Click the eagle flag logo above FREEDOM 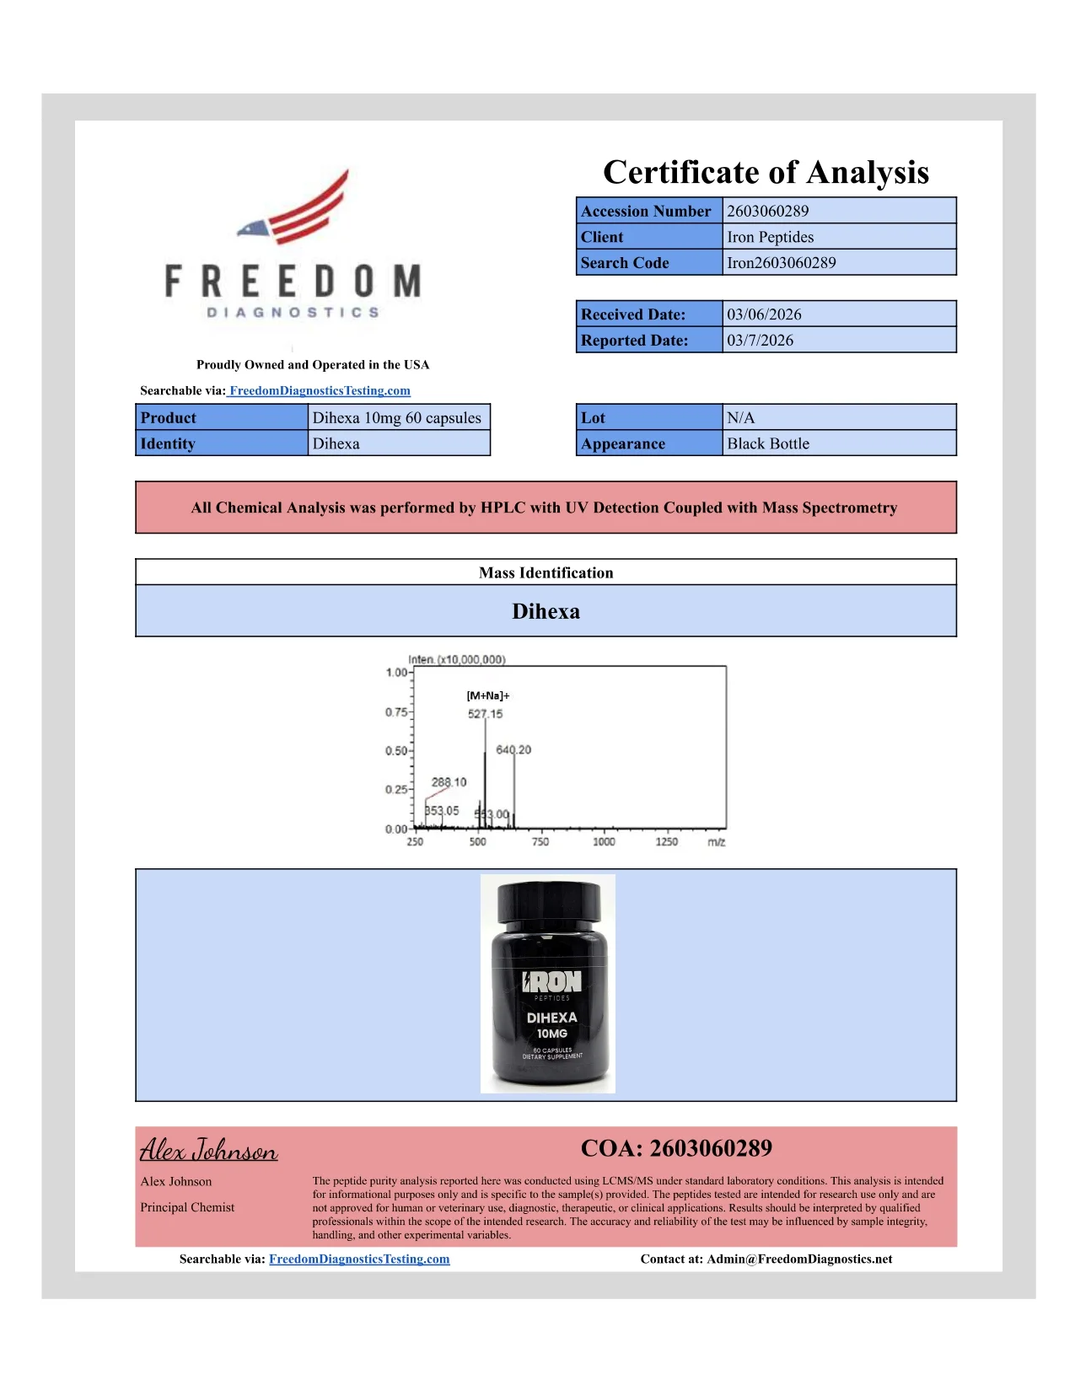click(295, 209)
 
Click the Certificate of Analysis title click(766, 173)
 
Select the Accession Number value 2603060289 click(767, 211)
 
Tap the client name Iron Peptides click(770, 237)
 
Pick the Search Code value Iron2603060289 click(782, 263)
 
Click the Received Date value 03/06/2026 click(764, 314)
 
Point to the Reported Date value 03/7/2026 click(760, 341)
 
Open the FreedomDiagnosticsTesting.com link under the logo click(320, 390)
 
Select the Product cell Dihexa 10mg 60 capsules click(396, 418)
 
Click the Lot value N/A click(740, 418)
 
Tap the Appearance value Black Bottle click(767, 444)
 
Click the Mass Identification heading click(546, 573)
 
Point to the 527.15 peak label click(485, 714)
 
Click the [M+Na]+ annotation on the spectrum click(488, 695)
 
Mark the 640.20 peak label click(513, 749)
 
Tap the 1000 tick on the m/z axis click(604, 841)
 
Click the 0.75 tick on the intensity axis click(395, 712)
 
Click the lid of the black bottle click(549, 901)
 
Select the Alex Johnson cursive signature click(208, 1150)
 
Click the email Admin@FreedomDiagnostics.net click(799, 1259)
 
